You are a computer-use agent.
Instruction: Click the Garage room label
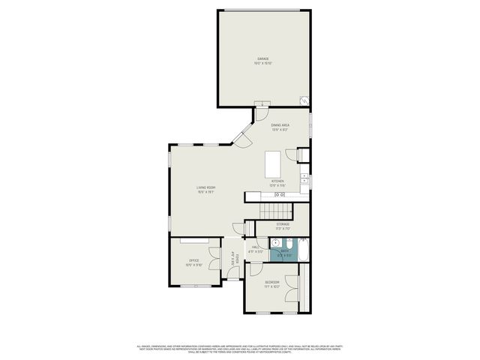(x=263, y=59)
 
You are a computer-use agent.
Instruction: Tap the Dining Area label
(x=280, y=127)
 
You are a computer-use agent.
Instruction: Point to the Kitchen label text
(x=277, y=183)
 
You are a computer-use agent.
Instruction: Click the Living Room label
(x=206, y=189)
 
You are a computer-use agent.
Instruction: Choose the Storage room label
(x=282, y=226)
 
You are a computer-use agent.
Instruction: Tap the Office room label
(x=194, y=262)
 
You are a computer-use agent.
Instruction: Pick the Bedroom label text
(x=271, y=284)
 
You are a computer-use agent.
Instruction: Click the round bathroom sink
(x=275, y=243)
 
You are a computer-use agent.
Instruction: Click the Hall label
(x=255, y=249)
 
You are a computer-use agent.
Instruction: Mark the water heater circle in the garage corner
(x=304, y=100)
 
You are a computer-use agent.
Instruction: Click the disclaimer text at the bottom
(x=240, y=349)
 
